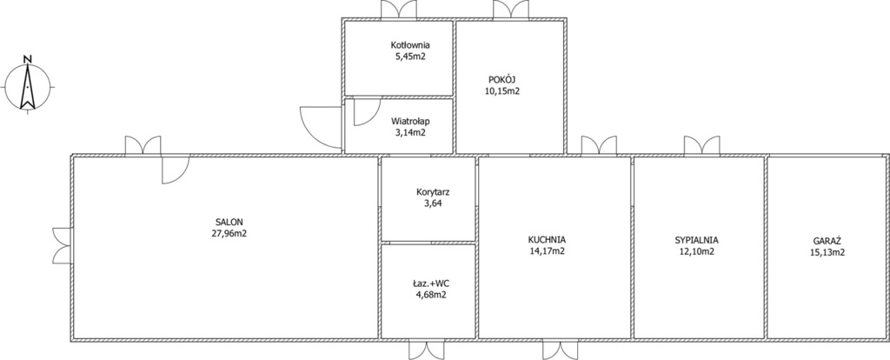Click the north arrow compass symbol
pos(27,87)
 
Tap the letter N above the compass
pos(27,58)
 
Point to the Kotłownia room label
pos(410,45)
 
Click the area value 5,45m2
pos(410,57)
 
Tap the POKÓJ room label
pos(501,79)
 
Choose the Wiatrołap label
pos(410,121)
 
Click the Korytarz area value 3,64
pos(428,203)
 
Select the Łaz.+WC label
pos(428,283)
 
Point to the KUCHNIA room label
pos(546,240)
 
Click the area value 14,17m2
pos(546,251)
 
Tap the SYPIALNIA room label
pos(696,240)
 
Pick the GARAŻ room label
pos(827,241)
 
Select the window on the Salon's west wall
pos(62,244)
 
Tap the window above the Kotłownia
pos(398,10)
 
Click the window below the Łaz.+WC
pos(427,350)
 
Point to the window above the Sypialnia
pos(701,145)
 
